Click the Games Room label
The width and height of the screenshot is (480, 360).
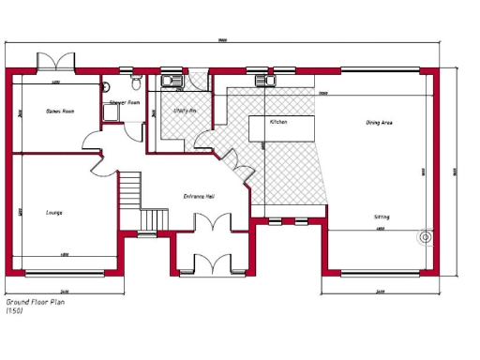point(60,112)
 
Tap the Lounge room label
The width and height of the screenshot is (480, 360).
point(54,213)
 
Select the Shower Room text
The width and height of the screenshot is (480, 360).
point(125,102)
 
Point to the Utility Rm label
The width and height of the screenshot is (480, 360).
point(185,111)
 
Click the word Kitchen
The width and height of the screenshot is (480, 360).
point(278,122)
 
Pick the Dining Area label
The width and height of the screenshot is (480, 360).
point(379,123)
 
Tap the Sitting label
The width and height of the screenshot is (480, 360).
point(382,217)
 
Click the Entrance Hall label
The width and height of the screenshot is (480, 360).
point(200,196)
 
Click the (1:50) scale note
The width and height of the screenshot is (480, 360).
point(14,311)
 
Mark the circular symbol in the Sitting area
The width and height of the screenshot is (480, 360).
point(426,237)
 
